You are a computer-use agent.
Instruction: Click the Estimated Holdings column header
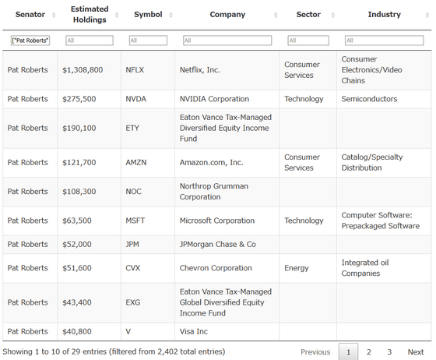(x=90, y=15)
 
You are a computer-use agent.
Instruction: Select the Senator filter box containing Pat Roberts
(x=30, y=41)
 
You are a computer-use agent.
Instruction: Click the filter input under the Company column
(x=227, y=41)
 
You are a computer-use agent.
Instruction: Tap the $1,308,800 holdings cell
(x=83, y=70)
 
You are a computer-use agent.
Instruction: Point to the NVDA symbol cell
(x=135, y=99)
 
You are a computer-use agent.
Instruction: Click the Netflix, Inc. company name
(x=199, y=70)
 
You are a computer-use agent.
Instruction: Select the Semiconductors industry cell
(x=369, y=99)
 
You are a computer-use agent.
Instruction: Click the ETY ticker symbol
(x=132, y=129)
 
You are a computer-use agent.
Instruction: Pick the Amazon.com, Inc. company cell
(x=211, y=163)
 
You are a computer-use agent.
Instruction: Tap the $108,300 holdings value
(x=79, y=192)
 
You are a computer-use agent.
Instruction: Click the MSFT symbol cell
(x=135, y=221)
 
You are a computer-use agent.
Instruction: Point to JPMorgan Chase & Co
(x=218, y=244)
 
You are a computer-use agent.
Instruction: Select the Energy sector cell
(x=297, y=268)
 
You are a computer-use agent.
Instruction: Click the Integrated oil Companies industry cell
(x=365, y=268)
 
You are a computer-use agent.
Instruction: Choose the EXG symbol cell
(x=132, y=302)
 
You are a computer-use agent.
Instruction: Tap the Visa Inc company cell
(x=194, y=332)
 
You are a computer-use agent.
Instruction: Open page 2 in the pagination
(x=369, y=352)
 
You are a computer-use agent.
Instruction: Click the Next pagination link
(x=416, y=352)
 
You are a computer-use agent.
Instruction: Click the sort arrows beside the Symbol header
(x=171, y=15)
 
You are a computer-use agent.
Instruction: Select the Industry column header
(x=385, y=15)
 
